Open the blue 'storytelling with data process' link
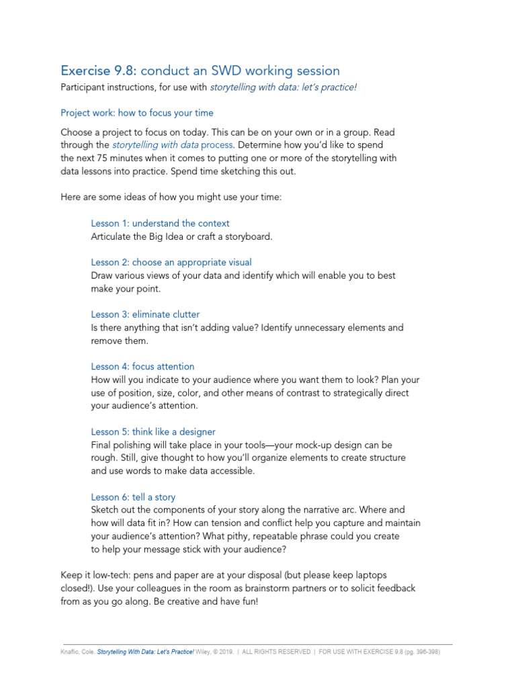[x=173, y=144]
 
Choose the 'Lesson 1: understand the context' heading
[x=160, y=223]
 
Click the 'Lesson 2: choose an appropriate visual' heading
[x=171, y=262]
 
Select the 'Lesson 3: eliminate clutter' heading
[x=145, y=314]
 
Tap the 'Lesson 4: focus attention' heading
[x=142, y=366]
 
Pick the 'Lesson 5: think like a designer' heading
[x=153, y=431]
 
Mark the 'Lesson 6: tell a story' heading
[x=133, y=497]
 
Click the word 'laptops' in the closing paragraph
[x=371, y=575]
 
